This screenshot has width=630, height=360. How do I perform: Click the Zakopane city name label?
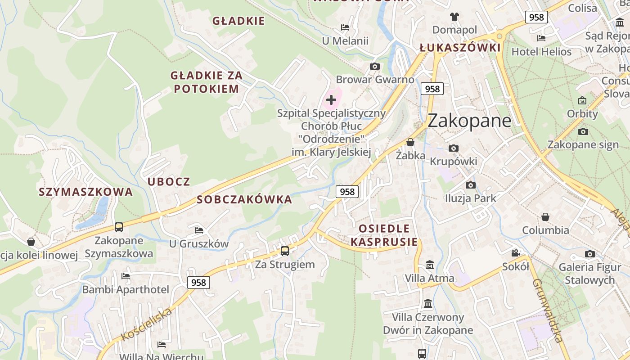coord(469,121)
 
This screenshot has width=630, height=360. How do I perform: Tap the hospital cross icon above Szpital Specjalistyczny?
coord(331,99)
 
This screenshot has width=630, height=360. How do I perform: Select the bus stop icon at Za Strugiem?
coord(285,251)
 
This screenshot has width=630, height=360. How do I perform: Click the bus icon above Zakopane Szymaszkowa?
coord(119,227)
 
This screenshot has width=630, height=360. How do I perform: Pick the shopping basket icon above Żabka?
coord(410,143)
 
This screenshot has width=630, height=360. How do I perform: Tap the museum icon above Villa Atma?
coord(430,265)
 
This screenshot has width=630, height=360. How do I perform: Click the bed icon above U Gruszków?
coord(199,230)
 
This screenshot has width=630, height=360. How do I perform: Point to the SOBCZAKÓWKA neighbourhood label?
coord(244,199)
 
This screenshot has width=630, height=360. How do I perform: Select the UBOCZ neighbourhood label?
coord(169,182)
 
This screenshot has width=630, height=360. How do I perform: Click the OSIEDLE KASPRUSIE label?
coord(384,235)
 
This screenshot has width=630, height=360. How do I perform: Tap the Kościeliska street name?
coord(147,324)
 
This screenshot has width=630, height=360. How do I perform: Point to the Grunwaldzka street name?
coord(548,310)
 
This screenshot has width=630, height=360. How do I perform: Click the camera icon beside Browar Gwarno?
coord(374,67)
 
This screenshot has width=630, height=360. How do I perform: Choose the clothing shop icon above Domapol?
coord(454,17)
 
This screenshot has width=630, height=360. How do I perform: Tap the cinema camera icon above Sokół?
coord(516,253)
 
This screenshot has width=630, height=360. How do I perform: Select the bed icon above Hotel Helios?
coord(541,38)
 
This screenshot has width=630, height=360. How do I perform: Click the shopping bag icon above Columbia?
coord(545,217)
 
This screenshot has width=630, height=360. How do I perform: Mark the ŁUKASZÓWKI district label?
coord(460,48)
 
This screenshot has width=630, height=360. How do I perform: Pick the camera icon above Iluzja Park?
coord(471,185)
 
